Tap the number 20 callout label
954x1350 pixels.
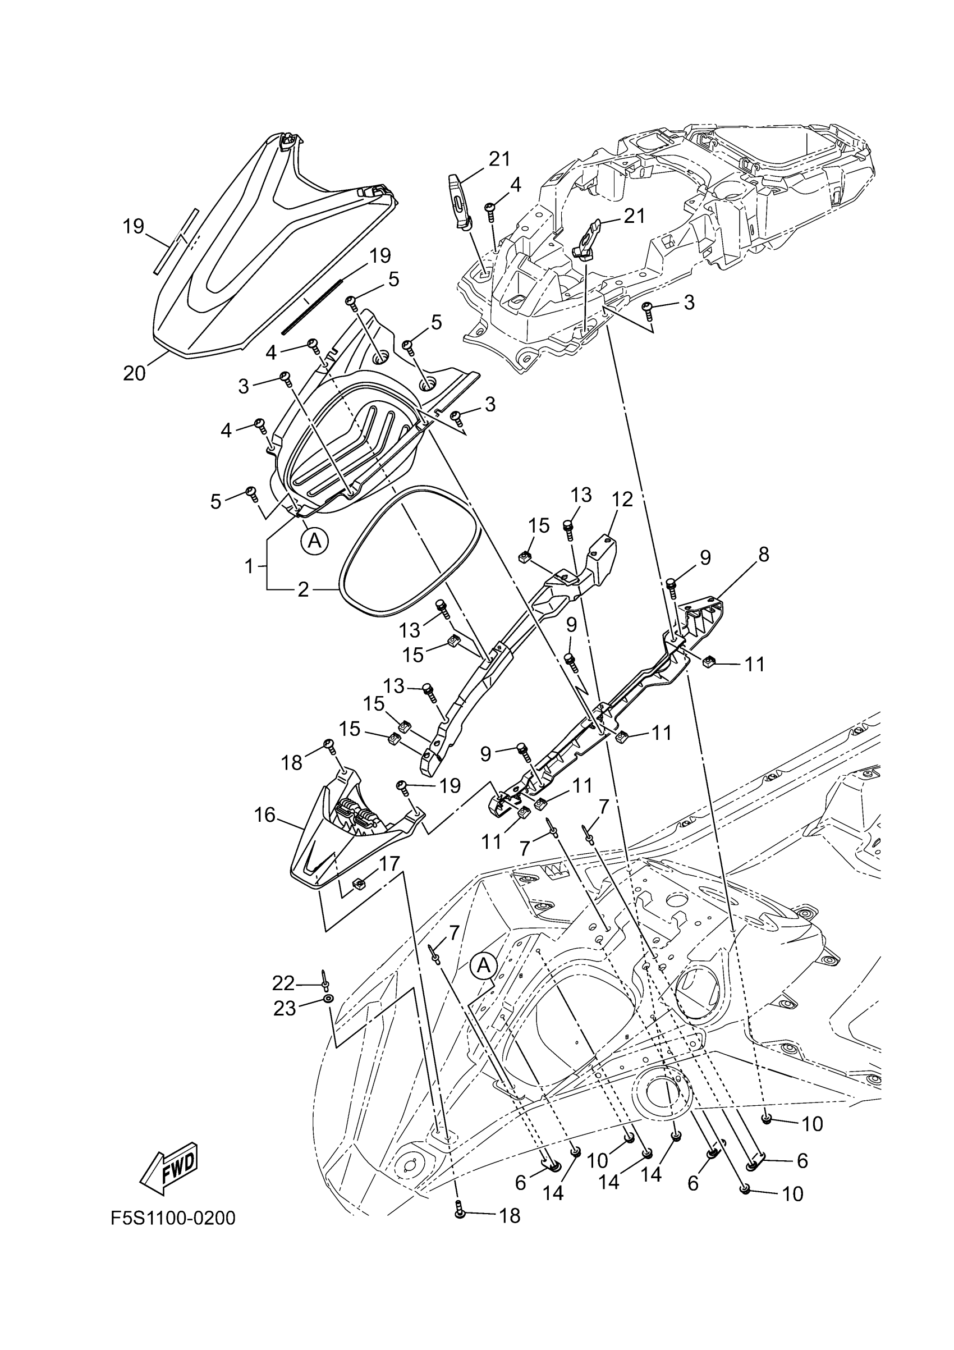[x=134, y=373]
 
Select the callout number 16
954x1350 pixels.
[x=264, y=815]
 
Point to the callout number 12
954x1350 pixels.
[x=622, y=499]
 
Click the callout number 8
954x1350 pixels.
[x=763, y=554]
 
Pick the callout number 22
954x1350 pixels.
[x=283, y=982]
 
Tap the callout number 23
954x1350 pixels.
[x=285, y=1009]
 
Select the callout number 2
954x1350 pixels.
[x=302, y=589]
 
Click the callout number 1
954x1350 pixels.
[x=249, y=566]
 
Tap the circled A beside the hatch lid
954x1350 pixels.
[x=315, y=540]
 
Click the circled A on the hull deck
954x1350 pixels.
[x=483, y=965]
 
